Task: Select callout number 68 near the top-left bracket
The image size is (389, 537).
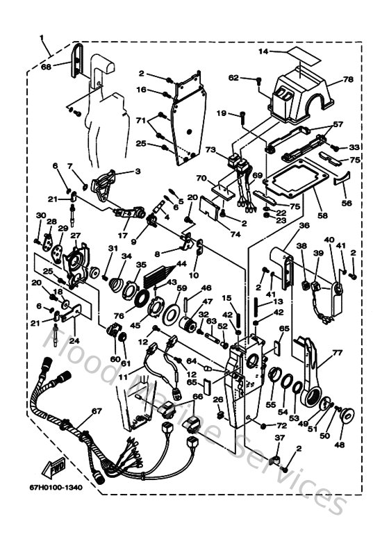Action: pyautogui.click(x=47, y=67)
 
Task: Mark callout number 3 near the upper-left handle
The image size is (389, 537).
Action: pyautogui.click(x=137, y=170)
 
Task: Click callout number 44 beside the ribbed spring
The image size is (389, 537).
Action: pyautogui.click(x=182, y=264)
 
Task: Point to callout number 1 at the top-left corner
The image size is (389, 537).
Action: pyautogui.click(x=42, y=37)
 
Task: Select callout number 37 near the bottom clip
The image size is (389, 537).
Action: pyautogui.click(x=279, y=438)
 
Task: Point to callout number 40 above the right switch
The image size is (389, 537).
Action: pyautogui.click(x=329, y=240)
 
